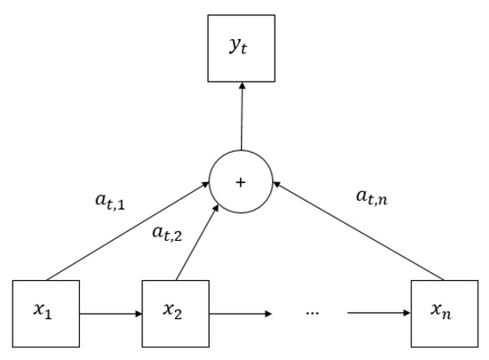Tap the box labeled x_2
coord(176,313)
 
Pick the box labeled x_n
coord(444,313)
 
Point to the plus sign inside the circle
coord(241,181)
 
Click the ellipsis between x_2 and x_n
coord(313,314)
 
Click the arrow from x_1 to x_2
coord(111,313)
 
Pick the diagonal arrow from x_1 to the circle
coord(124,233)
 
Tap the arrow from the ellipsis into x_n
coord(379,313)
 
